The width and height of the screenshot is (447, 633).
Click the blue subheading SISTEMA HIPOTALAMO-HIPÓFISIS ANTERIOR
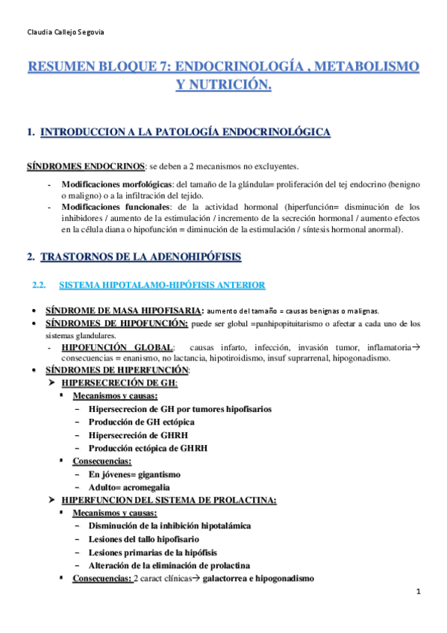coord(160,284)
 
